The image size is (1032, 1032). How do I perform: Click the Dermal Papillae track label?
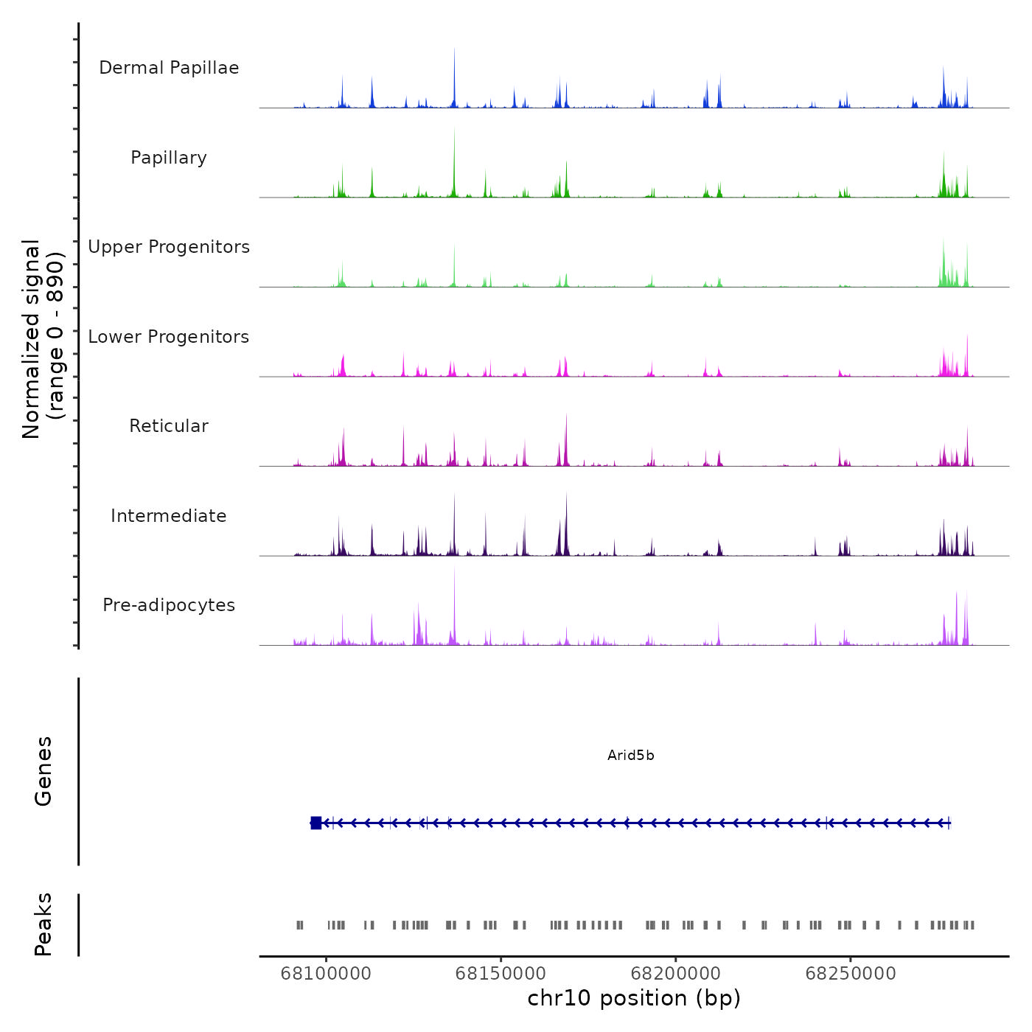pyautogui.click(x=169, y=68)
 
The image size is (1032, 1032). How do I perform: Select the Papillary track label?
pyautogui.click(x=169, y=158)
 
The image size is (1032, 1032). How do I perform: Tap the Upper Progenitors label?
pyautogui.click(x=169, y=247)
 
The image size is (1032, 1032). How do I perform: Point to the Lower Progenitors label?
pyautogui.click(x=169, y=337)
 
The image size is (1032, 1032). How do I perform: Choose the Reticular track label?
pyautogui.click(x=169, y=426)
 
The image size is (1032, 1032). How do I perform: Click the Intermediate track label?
pyautogui.click(x=169, y=516)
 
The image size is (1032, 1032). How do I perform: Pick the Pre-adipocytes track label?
pyautogui.click(x=169, y=605)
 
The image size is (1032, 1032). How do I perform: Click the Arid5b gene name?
pyautogui.click(x=630, y=755)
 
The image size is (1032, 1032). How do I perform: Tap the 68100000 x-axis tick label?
pyautogui.click(x=326, y=974)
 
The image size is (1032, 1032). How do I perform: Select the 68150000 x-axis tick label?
pyautogui.click(x=501, y=974)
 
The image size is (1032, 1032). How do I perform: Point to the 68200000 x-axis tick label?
pyautogui.click(x=675, y=974)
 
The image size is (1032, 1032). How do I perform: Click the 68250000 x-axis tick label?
pyautogui.click(x=851, y=974)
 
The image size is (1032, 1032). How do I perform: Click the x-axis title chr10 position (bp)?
pyautogui.click(x=634, y=998)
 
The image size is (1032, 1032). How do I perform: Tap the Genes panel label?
pyautogui.click(x=43, y=771)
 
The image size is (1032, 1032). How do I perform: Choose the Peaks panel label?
pyautogui.click(x=43, y=924)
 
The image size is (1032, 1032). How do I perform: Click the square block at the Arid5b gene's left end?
pyautogui.click(x=316, y=823)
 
